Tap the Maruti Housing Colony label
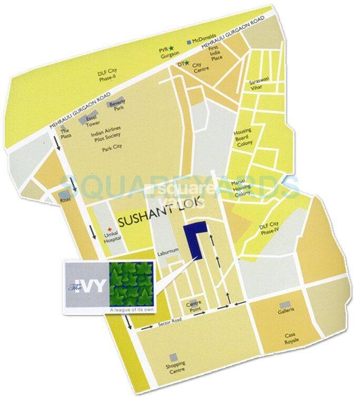(x=242, y=187)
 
